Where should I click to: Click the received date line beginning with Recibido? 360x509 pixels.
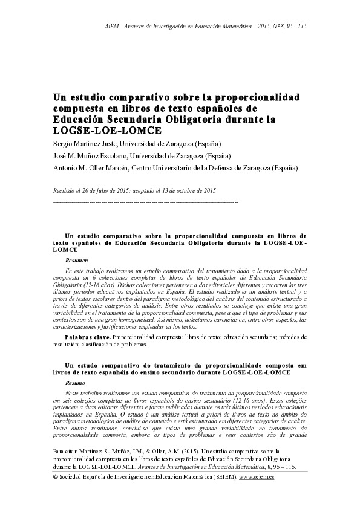tap(135, 190)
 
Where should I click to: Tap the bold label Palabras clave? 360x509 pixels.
tap(88, 334)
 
